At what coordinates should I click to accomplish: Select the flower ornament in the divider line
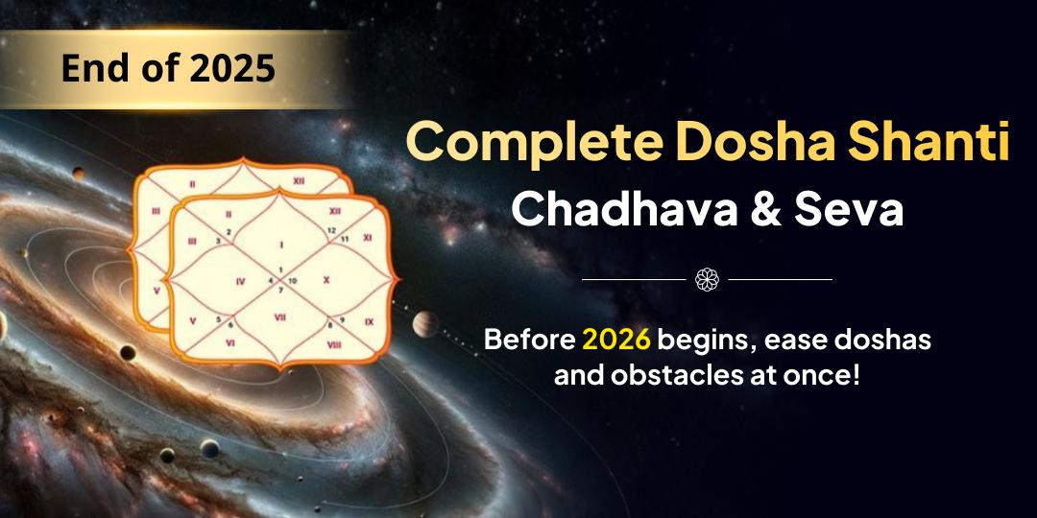click(707, 279)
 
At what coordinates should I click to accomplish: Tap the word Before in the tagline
click(529, 339)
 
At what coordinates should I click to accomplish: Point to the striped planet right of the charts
click(424, 325)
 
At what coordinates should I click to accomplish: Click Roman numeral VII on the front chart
click(280, 317)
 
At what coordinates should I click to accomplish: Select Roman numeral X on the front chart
click(326, 280)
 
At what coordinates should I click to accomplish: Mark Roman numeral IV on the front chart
click(240, 281)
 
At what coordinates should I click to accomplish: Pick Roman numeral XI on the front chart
click(368, 236)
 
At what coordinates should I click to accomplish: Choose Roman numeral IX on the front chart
click(369, 321)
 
